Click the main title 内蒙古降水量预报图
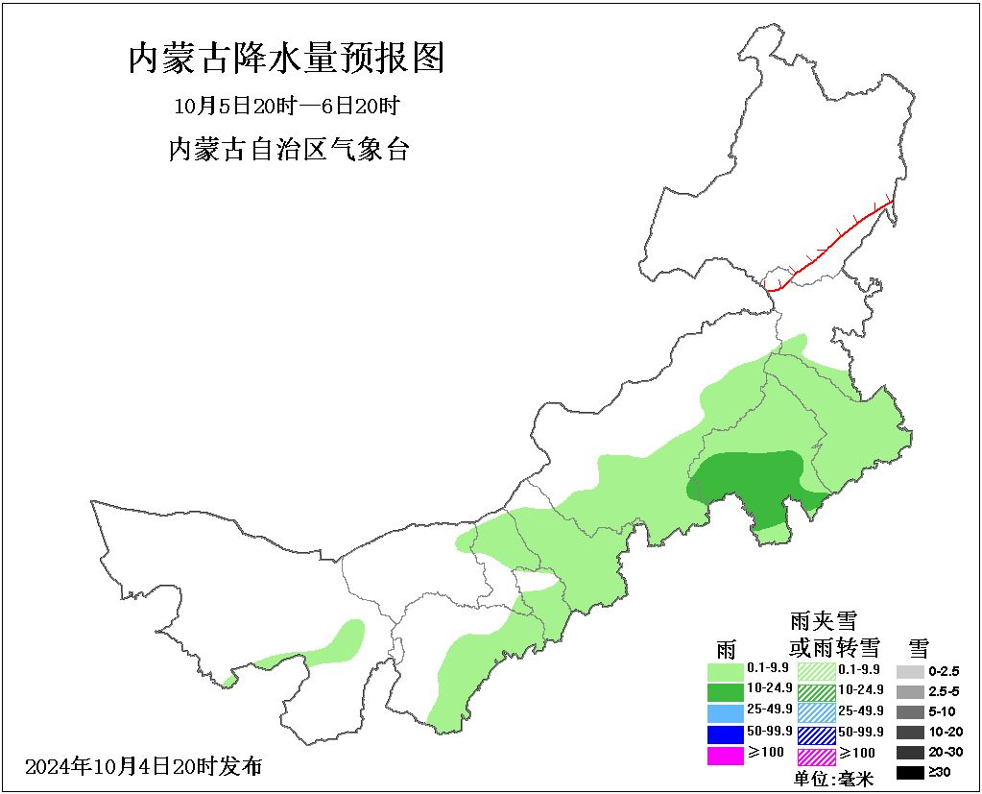tap(286, 60)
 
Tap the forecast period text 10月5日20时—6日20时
tap(286, 105)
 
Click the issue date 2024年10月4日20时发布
tap(144, 766)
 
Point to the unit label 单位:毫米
tap(833, 779)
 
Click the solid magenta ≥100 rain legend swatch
tap(725, 756)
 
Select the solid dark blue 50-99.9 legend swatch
tap(725, 734)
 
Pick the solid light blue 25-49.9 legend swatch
tap(725, 712)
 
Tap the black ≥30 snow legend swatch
tap(910, 772)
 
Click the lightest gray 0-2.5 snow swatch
tap(910, 671)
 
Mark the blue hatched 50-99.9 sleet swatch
tap(816, 734)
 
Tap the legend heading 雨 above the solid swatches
tap(725, 646)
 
